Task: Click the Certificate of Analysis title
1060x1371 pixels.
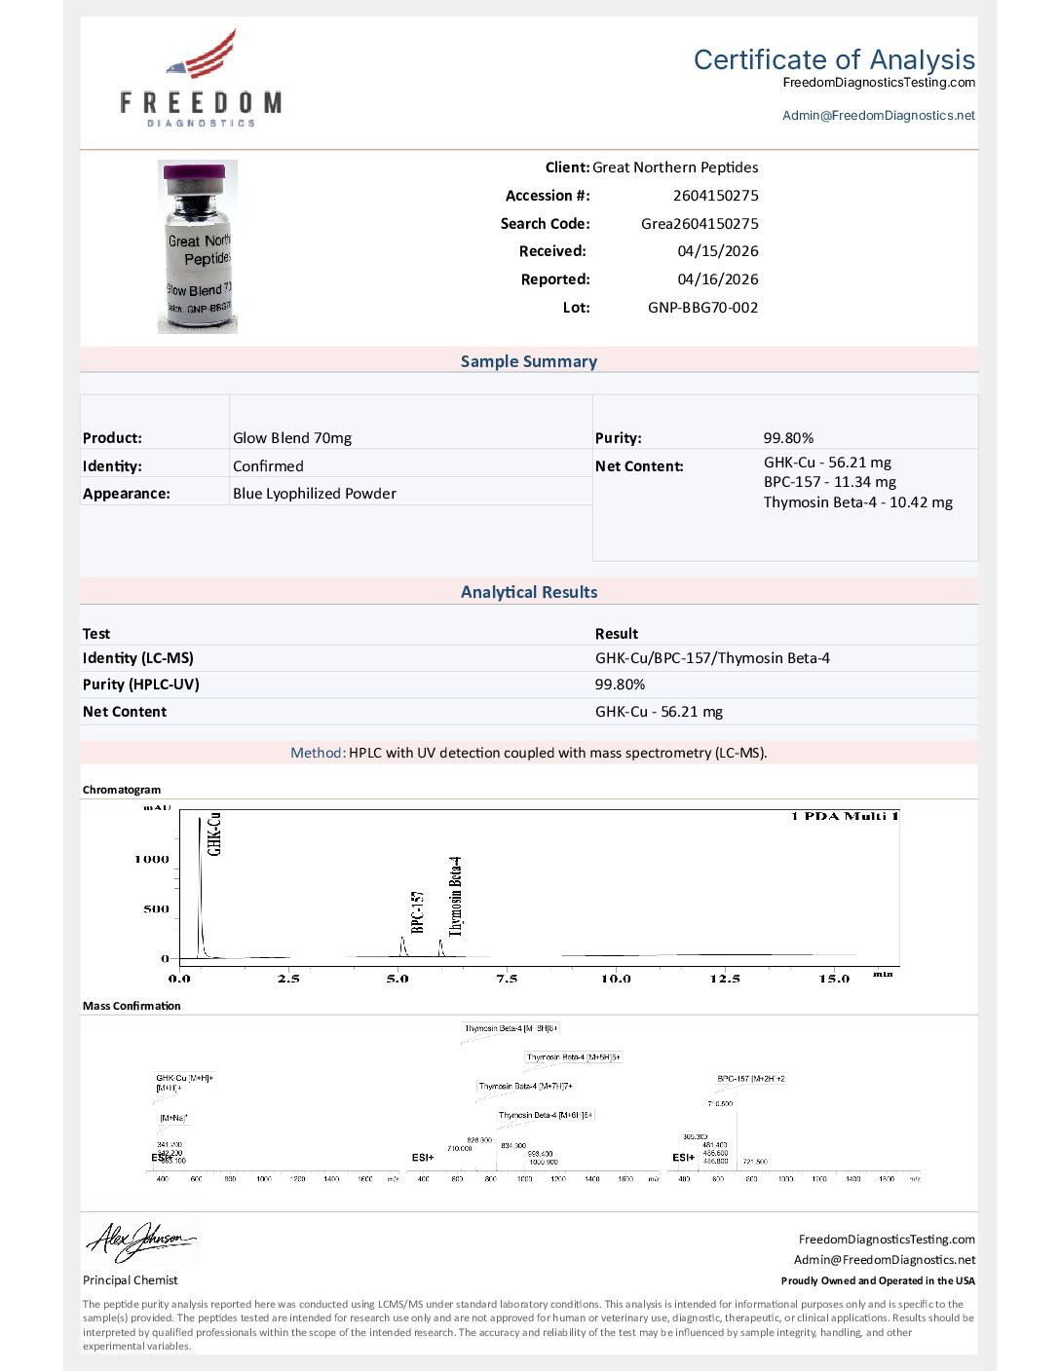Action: (x=834, y=59)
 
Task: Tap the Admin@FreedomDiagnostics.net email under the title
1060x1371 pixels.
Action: (x=878, y=115)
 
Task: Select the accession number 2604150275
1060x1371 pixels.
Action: (x=715, y=196)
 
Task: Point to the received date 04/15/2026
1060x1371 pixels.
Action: (x=717, y=251)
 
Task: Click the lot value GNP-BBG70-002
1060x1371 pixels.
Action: (x=702, y=308)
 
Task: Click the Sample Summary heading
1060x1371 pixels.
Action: (x=528, y=361)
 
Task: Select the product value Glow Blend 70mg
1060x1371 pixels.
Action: (x=292, y=438)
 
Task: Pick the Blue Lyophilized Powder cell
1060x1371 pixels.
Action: (x=314, y=494)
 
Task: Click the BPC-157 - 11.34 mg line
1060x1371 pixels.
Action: (x=829, y=482)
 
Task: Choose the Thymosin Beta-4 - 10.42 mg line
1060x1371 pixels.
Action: (x=857, y=502)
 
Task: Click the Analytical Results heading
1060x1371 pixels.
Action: (x=528, y=592)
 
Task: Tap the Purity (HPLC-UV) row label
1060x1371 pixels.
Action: (x=140, y=685)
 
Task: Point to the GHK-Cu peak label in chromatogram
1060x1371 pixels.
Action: (x=214, y=834)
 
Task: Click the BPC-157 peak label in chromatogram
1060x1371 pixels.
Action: (x=418, y=911)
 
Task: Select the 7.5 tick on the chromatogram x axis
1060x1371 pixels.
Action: (x=507, y=979)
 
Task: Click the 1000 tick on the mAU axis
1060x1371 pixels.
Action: (x=152, y=860)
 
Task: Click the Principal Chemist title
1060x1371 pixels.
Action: (x=130, y=1280)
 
